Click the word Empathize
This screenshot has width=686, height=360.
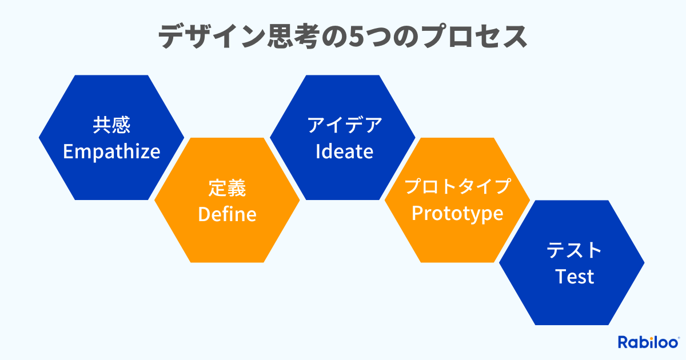tap(111, 152)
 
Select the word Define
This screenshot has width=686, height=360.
tap(227, 214)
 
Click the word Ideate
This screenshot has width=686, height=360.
tap(344, 152)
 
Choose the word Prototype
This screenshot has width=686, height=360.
tap(457, 214)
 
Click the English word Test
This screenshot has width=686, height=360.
tap(575, 277)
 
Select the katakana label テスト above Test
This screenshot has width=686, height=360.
tap(575, 250)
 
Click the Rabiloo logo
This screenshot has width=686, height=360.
tap(648, 342)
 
